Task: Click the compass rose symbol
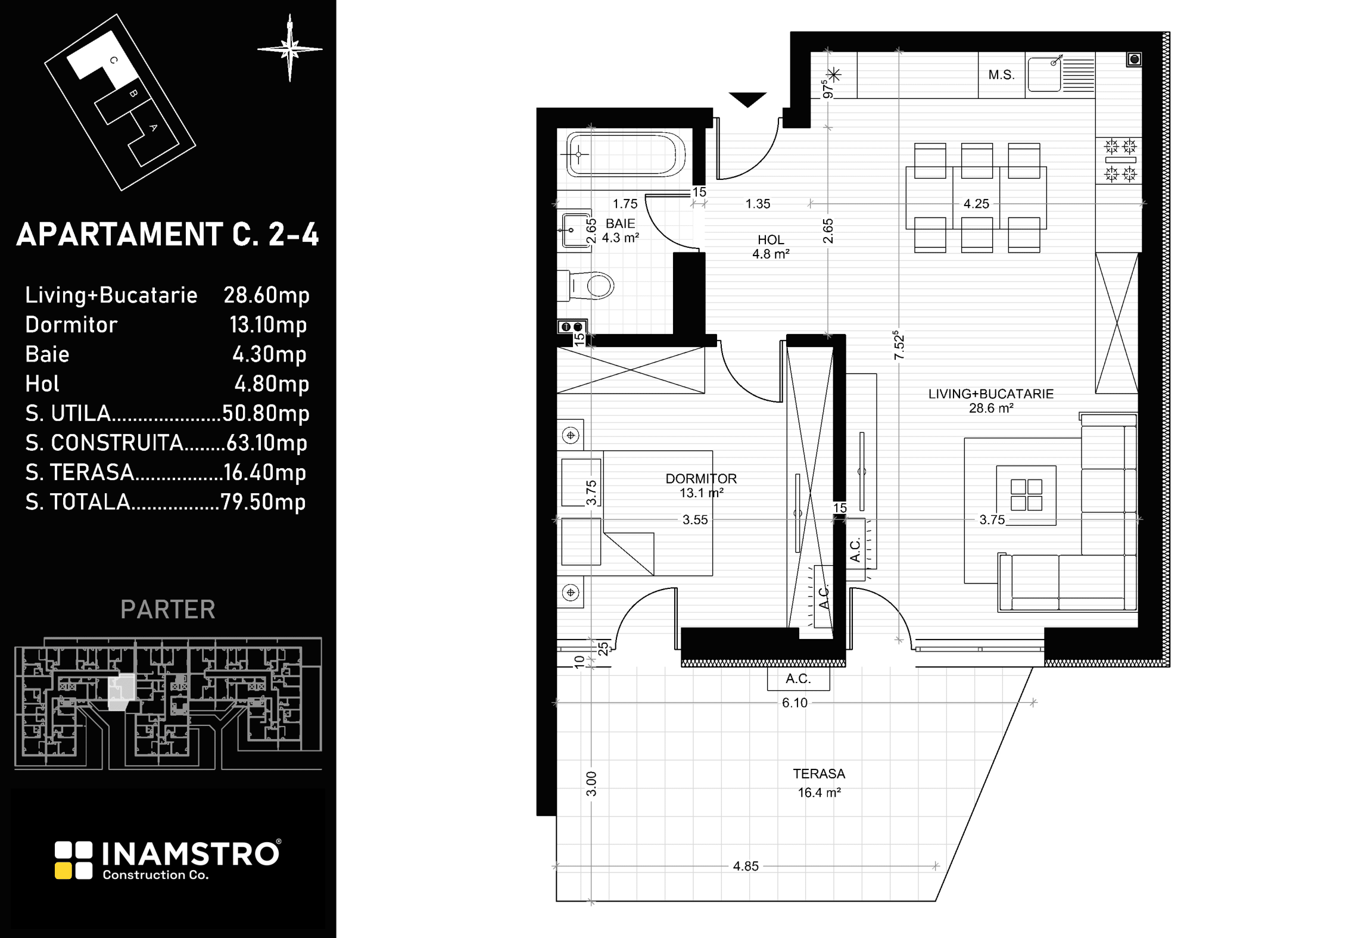click(290, 48)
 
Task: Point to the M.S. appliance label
click(1001, 75)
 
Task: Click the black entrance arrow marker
click(747, 100)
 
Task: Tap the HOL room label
click(771, 240)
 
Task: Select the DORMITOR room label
click(701, 478)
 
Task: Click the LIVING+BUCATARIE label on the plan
click(991, 394)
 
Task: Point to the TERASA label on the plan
click(819, 774)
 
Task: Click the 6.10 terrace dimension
click(794, 703)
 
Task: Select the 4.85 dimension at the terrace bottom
click(746, 866)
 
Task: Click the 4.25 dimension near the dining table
click(976, 204)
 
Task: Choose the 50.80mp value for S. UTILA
click(266, 413)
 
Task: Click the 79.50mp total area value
click(263, 502)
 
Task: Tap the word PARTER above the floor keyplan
click(168, 609)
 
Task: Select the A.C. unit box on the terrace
click(798, 679)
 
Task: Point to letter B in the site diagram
click(133, 94)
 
